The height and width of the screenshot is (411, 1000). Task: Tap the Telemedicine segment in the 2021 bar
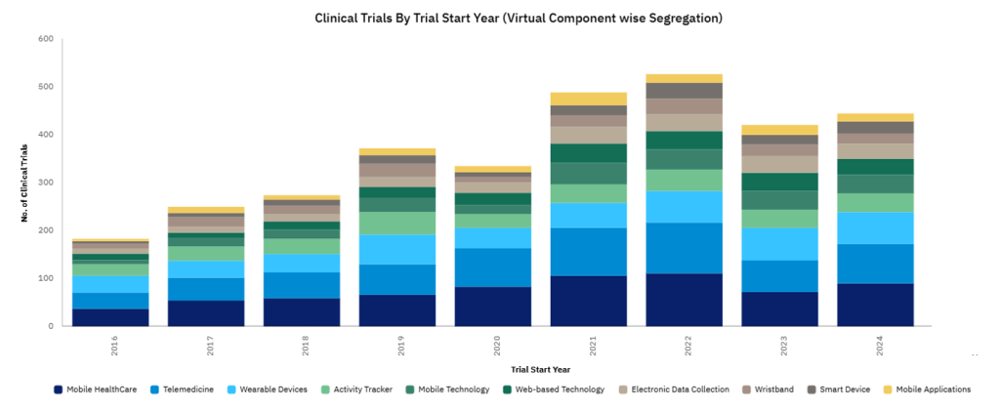coord(588,252)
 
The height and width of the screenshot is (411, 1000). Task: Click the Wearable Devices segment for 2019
coord(396,249)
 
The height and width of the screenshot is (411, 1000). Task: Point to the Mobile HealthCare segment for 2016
coord(110,317)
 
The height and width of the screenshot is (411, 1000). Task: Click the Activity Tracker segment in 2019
coord(396,223)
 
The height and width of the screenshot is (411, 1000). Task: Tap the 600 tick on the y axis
coord(45,40)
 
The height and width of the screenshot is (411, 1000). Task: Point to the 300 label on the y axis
coord(45,183)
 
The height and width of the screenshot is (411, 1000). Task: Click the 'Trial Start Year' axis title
coord(539,370)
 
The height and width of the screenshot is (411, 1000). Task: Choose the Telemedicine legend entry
coord(181,390)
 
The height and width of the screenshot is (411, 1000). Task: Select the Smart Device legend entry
coord(840,390)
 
